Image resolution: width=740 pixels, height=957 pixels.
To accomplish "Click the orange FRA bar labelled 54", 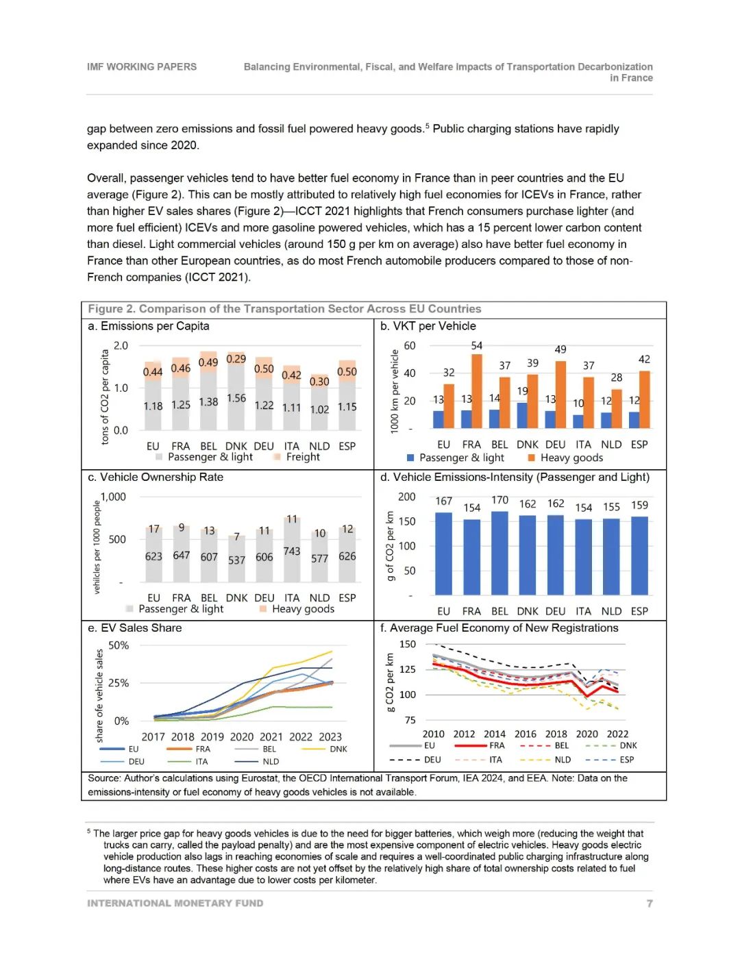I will pyautogui.click(x=477, y=391).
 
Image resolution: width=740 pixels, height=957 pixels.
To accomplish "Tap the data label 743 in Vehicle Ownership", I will pyautogui.click(x=292, y=551).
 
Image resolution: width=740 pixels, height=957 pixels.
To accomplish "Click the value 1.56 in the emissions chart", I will pyautogui.click(x=236, y=398).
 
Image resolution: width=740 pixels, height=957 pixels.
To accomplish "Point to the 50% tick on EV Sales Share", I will pyautogui.click(x=119, y=645).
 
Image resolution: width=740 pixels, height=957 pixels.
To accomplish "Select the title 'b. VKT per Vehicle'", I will pyautogui.click(x=428, y=326).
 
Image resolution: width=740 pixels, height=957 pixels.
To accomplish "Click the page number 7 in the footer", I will pyautogui.click(x=650, y=904).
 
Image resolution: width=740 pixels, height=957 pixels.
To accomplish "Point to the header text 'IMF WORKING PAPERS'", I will pyautogui.click(x=142, y=66).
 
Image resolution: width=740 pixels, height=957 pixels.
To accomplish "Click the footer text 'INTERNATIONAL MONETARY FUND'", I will pyautogui.click(x=175, y=904).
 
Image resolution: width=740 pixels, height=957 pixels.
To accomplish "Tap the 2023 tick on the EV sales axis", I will pyautogui.click(x=330, y=736).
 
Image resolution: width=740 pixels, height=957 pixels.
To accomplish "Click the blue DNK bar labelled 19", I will pyautogui.click(x=522, y=415).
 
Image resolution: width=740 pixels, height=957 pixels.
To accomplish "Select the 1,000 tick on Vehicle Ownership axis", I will pyautogui.click(x=113, y=497).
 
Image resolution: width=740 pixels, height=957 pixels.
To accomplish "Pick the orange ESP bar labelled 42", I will pyautogui.click(x=645, y=399).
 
